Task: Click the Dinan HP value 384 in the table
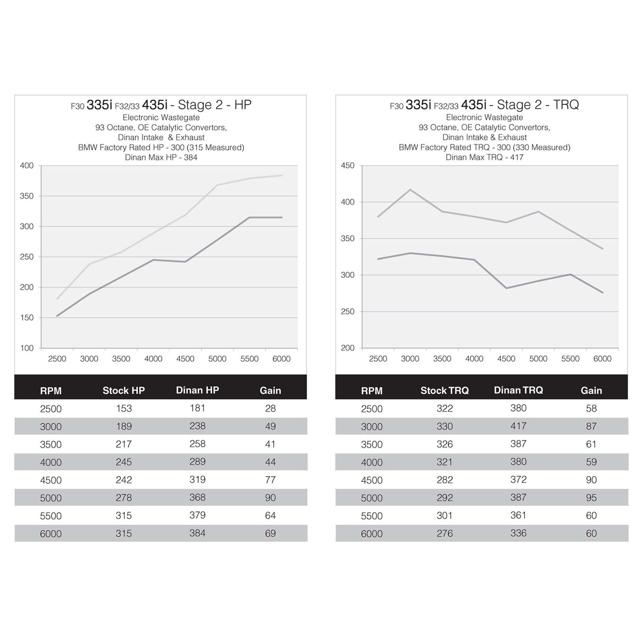(197, 533)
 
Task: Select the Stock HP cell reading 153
(124, 408)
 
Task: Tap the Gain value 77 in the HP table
(270, 480)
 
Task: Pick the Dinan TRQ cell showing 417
(518, 426)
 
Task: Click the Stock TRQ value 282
(445, 480)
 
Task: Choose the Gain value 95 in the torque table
(591, 498)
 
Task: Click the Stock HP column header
(124, 390)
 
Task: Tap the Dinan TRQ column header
(518, 390)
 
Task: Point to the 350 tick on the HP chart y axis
(27, 196)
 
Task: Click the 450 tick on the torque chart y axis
(348, 166)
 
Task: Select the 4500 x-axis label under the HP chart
(185, 359)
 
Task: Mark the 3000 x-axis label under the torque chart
(410, 359)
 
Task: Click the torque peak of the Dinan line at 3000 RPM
(410, 190)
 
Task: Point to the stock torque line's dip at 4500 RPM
(506, 288)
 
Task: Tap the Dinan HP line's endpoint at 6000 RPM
(282, 176)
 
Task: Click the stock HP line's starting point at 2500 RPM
(57, 316)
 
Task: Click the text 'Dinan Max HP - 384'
(161, 157)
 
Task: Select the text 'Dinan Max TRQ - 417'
(484, 157)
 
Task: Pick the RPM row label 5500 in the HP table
(50, 516)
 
